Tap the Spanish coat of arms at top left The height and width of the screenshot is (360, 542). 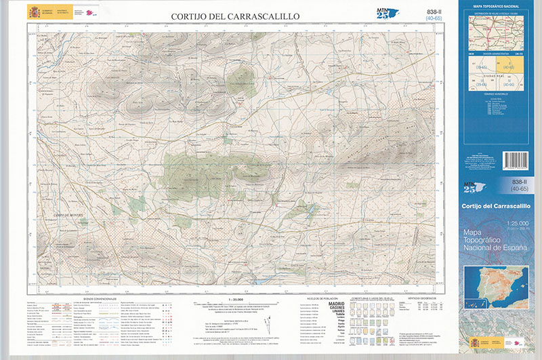click(34, 12)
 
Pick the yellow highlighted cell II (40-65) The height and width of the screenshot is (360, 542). click(509, 66)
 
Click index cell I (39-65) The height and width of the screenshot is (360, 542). click(482, 66)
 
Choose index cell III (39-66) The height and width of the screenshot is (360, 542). click(482, 83)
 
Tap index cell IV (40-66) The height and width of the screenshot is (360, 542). click(509, 83)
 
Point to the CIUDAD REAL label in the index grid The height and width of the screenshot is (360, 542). click(495, 75)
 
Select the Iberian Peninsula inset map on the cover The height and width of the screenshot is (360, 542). click(497, 287)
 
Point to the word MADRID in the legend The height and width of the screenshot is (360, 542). click(336, 303)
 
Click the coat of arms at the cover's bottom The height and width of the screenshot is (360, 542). click(475, 342)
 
